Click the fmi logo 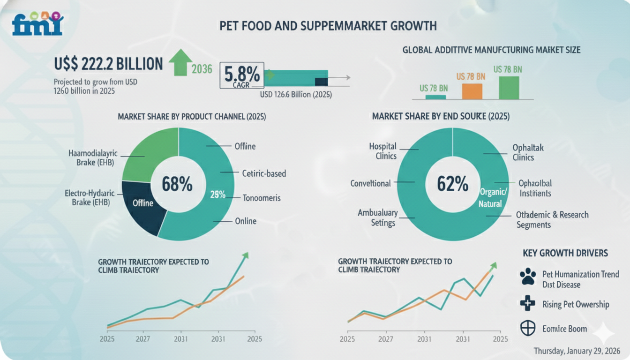38,24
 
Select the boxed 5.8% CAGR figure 241,75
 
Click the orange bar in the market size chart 472,91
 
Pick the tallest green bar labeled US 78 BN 509,88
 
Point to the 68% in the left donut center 177,184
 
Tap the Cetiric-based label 264,173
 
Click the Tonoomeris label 262,198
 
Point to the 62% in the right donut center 452,184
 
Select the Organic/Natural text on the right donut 493,198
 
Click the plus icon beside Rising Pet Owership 528,304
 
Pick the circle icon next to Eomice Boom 528,328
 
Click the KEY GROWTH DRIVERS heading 565,253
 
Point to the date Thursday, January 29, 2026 577,351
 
